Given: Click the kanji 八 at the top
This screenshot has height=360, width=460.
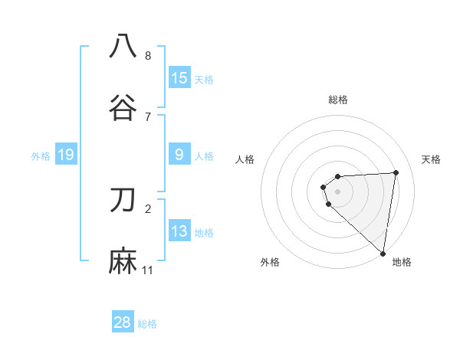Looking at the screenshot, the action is point(123,47).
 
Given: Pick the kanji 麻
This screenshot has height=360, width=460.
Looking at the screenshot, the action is point(123,260).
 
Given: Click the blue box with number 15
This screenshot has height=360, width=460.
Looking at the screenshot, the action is point(179,78).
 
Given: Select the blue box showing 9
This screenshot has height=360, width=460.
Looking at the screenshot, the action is point(179,155).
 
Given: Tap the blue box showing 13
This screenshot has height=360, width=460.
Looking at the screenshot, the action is point(179,231).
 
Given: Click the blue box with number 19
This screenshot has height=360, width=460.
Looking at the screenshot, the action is point(66,155).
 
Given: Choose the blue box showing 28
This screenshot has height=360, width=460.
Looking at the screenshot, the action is point(123,322).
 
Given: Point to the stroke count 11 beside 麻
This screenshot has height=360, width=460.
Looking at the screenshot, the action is point(148,270).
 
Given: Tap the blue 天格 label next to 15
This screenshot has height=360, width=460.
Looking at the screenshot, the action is point(203,79).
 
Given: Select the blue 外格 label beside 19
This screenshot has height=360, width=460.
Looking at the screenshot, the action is point(41,155).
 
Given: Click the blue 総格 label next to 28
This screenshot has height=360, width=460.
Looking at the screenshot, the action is point(147,323).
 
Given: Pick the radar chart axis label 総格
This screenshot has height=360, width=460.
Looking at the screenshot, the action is point(338,100).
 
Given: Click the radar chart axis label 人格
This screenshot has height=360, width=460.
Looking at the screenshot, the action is point(245,159).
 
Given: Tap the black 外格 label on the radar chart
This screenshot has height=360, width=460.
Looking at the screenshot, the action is point(270,262).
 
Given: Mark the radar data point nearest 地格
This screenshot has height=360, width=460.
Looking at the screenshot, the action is point(383,253).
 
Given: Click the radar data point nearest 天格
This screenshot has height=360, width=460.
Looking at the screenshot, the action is point(396,172).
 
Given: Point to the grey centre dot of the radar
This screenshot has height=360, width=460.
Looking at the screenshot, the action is point(338,191).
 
